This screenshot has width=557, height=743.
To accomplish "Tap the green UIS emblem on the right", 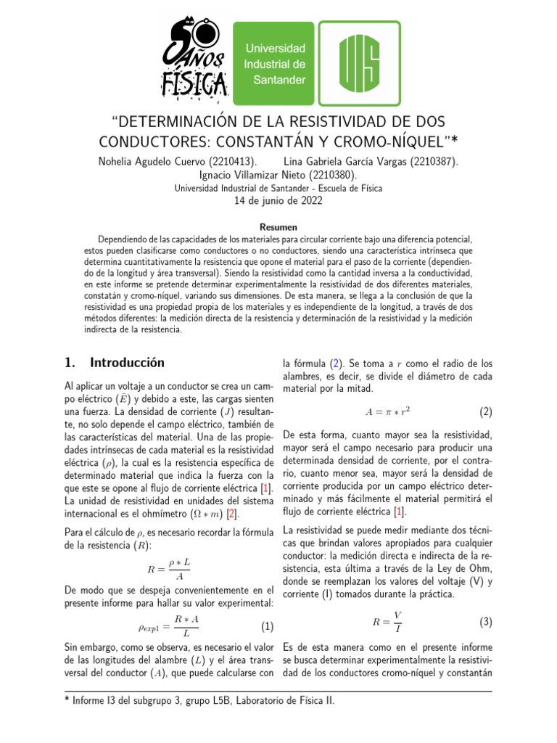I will click(360, 63).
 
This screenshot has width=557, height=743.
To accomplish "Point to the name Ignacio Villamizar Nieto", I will click(252, 175).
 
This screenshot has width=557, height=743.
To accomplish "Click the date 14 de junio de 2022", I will click(278, 201).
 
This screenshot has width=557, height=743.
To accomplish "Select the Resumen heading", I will click(278, 227).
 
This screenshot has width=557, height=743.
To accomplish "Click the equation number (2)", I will click(485, 412).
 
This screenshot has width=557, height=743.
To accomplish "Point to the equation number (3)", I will click(485, 623).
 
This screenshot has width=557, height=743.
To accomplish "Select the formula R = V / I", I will click(387, 623).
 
